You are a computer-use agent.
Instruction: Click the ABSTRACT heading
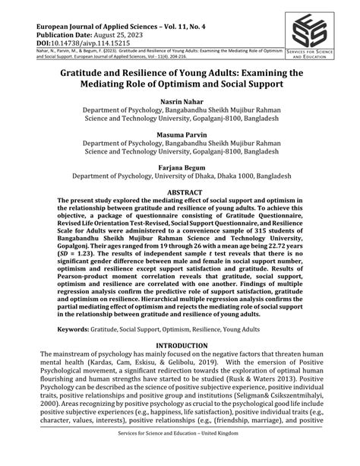[x=179, y=193]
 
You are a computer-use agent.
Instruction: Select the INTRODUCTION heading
[x=179, y=344]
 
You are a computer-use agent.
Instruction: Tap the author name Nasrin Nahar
[x=179, y=100]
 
